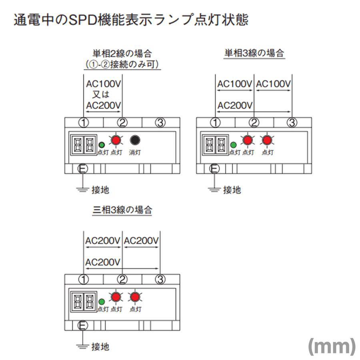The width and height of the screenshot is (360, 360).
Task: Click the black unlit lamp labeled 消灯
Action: pyautogui.click(x=135, y=140)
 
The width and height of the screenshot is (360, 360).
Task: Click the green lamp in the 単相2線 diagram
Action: pyautogui.click(x=102, y=145)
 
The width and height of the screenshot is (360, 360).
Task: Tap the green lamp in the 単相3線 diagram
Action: pyautogui.click(x=233, y=145)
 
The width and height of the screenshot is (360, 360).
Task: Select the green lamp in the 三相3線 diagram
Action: pyautogui.click(x=102, y=302)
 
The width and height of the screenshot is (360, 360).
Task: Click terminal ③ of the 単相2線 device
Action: pyautogui.click(x=160, y=123)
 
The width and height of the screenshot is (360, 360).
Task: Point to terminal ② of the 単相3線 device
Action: pyautogui.click(x=254, y=123)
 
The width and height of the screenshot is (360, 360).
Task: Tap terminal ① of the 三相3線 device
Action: pyautogui.click(x=83, y=280)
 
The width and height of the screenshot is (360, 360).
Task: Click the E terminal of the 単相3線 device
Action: pyautogui.click(x=214, y=169)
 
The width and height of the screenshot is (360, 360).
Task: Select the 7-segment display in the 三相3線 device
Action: pyautogui.click(x=84, y=302)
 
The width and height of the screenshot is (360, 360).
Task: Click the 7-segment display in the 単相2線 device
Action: pyautogui.click(x=84, y=145)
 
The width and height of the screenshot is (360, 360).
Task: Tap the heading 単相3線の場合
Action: pyautogui.click(x=254, y=53)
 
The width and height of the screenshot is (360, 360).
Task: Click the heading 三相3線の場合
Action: pyautogui.click(x=122, y=210)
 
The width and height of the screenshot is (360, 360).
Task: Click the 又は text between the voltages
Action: pyautogui.click(x=101, y=94)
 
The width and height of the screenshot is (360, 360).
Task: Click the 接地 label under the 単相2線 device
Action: pyautogui.click(x=100, y=190)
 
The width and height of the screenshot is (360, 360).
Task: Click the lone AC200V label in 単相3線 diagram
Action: pyautogui.click(x=235, y=106)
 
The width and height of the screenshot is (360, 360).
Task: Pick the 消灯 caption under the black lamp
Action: pyautogui.click(x=135, y=152)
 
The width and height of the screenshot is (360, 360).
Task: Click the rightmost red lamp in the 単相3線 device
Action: pyautogui.click(x=267, y=140)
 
